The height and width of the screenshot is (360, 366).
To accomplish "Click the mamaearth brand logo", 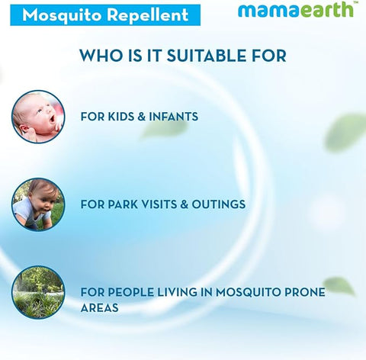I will pyautogui.click(x=294, y=10).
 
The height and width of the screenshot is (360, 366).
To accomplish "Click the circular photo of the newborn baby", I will pyautogui.click(x=37, y=117).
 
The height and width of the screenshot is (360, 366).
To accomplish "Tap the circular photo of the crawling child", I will pyautogui.click(x=37, y=204).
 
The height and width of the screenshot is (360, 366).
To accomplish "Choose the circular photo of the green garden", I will pyautogui.click(x=37, y=291).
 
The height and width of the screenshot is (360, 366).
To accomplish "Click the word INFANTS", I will pyautogui.click(x=175, y=117).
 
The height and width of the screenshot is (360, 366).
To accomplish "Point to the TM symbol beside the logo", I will pyautogui.click(x=358, y=4).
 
